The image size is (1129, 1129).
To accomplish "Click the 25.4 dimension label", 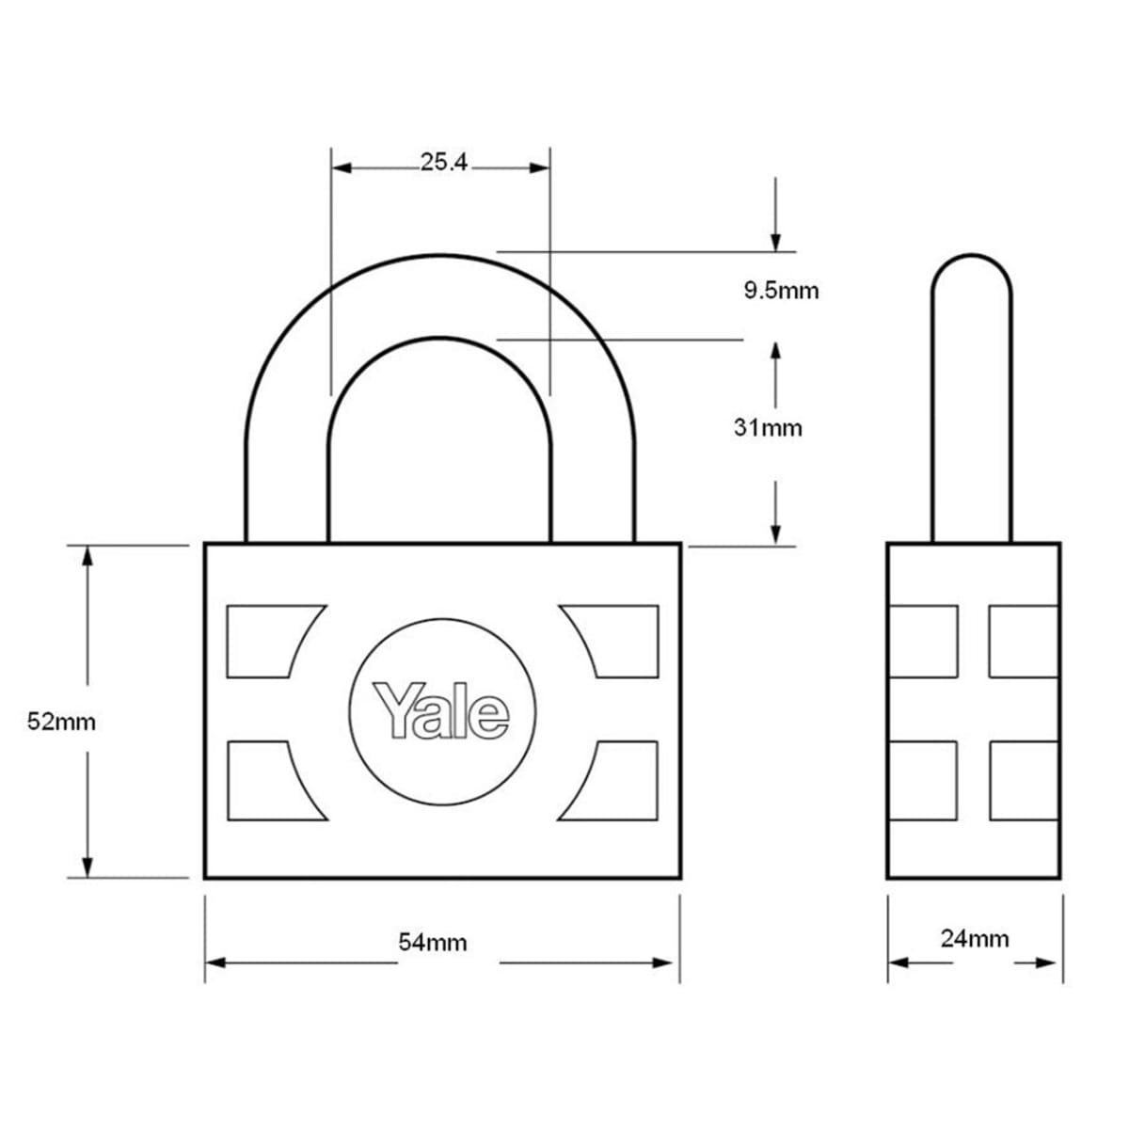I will click(443, 163).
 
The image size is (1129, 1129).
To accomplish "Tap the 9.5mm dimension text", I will click(781, 290).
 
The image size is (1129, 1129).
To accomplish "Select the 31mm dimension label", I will click(768, 427).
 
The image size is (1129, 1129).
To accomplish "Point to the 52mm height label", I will click(61, 722).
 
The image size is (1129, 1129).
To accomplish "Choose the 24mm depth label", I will click(975, 938).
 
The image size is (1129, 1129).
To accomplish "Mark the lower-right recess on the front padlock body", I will click(616, 779).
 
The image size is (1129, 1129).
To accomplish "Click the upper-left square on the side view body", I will click(923, 641).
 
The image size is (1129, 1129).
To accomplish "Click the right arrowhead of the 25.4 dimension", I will click(539, 168).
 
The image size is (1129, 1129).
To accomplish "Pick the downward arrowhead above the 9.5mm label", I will click(776, 241).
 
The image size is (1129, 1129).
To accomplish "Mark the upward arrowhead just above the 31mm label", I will click(776, 350).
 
